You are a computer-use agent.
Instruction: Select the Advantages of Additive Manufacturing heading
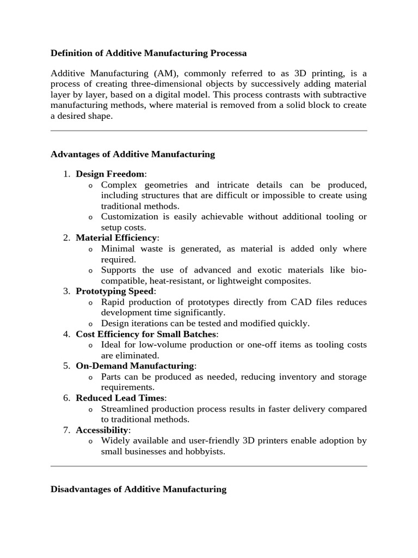(x=133, y=154)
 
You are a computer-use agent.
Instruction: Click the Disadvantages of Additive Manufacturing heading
(x=138, y=489)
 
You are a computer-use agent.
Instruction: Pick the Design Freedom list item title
(x=110, y=174)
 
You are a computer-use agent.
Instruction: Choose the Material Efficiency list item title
(x=116, y=238)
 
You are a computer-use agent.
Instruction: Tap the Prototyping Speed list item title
(x=115, y=291)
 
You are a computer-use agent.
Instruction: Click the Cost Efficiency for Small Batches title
(x=146, y=334)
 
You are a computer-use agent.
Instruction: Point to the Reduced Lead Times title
(x=120, y=398)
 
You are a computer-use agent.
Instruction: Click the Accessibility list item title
(x=102, y=430)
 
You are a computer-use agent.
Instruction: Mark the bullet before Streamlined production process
(x=90, y=410)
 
